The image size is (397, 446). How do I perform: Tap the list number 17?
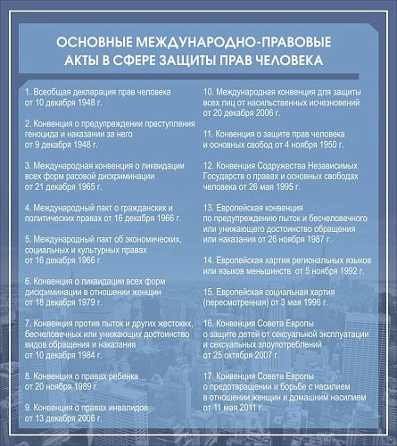208,376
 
